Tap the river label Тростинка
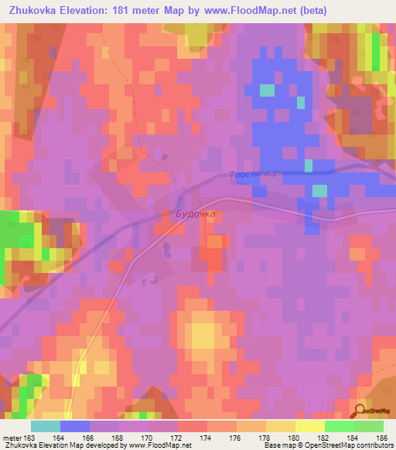(x=253, y=176)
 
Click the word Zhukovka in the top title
(x=35, y=11)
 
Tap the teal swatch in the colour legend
(x=46, y=426)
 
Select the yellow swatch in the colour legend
(x=309, y=426)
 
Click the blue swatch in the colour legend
(x=75, y=426)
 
